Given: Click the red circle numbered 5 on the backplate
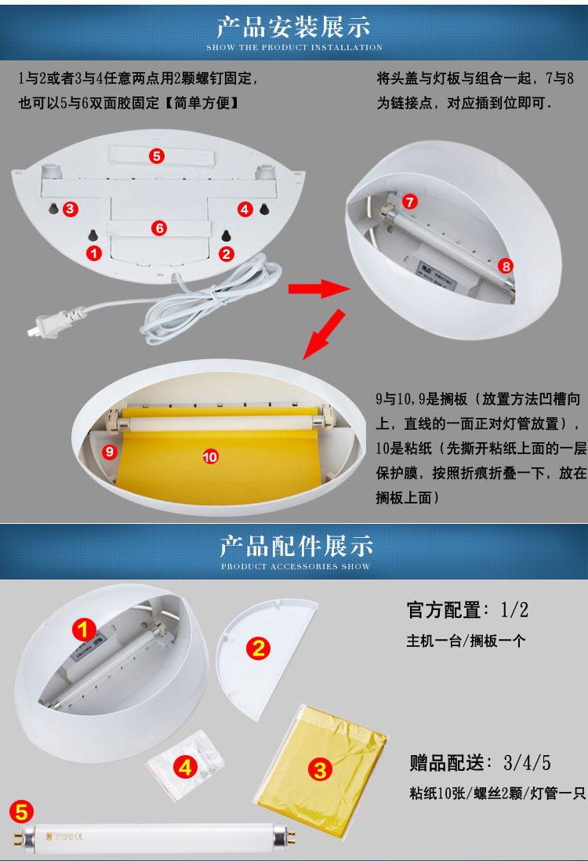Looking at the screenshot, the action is coord(157,156).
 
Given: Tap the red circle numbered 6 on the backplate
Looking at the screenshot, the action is coord(158,228).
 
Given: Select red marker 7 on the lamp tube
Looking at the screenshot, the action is coord(409,202).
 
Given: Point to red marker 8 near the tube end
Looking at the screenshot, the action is coord(506,267).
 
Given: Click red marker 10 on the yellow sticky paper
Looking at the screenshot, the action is coord(210,456).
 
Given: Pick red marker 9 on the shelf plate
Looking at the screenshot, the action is coord(110,452).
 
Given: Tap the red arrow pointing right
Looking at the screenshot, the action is coord(319,289).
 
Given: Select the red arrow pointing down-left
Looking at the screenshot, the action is coord(325,334).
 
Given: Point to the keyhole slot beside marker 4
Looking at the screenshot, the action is coord(264,209).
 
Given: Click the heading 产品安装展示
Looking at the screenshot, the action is coord(294,27).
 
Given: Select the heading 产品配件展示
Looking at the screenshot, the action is coord(296,546).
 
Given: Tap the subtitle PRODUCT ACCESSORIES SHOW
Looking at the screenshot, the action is coord(296,566).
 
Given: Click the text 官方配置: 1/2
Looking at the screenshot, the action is coord(467,610).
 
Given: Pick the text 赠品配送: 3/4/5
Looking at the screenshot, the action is coord(480,763).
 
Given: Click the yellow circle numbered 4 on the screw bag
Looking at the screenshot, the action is coord(185,767).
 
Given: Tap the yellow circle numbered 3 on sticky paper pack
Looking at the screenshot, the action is coord(320,769).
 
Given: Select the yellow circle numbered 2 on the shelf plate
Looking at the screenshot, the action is coord(258,648).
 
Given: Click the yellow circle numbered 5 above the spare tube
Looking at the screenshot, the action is coord(21,812).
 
